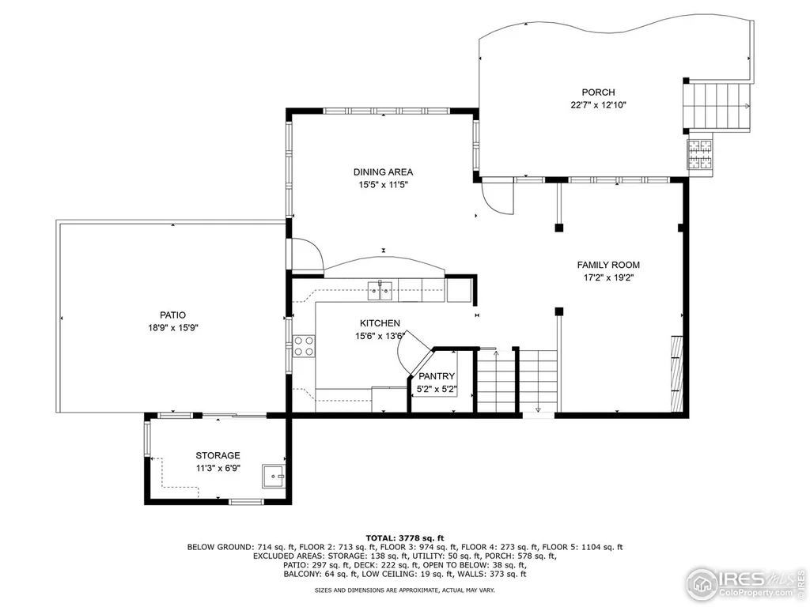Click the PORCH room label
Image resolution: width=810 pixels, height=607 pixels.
coord(598,92)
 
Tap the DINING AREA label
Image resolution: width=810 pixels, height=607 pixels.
coord(383,172)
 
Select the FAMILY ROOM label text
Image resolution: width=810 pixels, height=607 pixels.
coord(608,265)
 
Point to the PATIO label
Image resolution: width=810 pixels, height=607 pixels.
coord(172,315)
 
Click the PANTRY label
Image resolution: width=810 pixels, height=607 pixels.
coord(437,376)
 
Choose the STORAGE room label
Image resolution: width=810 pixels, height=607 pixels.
coord(218,455)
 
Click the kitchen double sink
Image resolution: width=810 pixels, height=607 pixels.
coord(380,291)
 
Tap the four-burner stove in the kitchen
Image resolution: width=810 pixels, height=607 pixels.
coord(304,346)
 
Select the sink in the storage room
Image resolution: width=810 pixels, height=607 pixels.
coord(273,476)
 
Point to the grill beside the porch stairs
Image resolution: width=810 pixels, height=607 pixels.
coord(699,154)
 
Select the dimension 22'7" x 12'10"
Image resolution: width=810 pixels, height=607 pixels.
coord(598,105)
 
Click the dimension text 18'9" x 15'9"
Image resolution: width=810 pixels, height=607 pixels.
coord(173,327)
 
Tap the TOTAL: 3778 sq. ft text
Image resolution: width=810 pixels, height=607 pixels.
coord(404,537)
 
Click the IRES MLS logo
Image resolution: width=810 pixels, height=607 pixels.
coord(745,583)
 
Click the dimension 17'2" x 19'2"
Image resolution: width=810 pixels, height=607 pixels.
coord(608,277)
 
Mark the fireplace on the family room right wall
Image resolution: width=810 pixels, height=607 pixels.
coord(677,374)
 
